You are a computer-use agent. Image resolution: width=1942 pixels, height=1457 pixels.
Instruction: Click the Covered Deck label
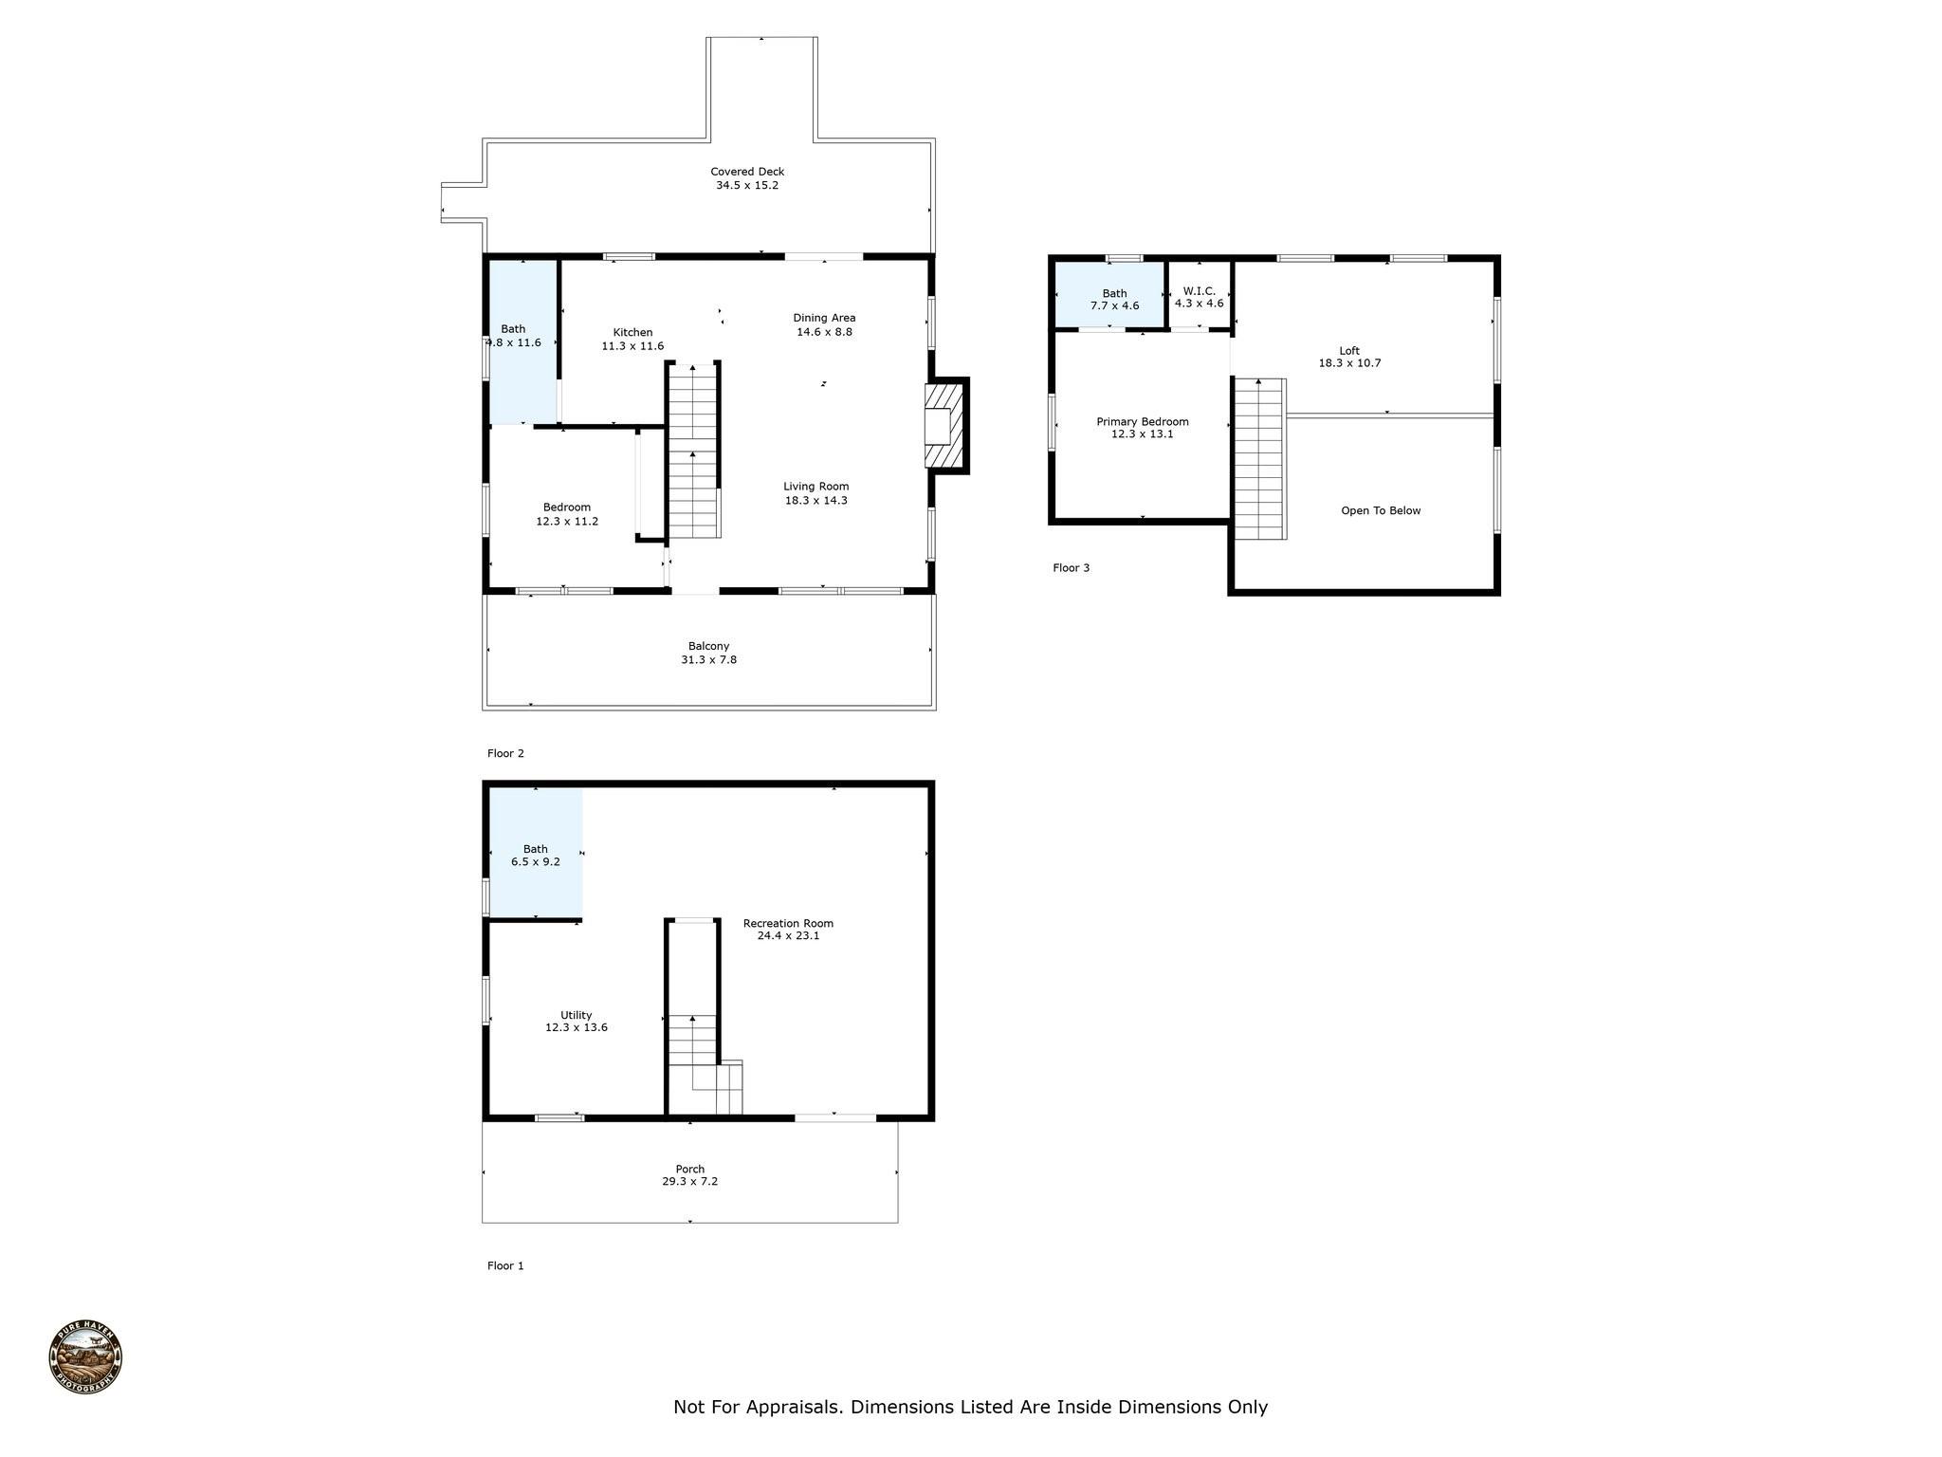pos(747,172)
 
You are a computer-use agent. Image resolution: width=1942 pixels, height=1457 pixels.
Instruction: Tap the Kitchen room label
pos(632,332)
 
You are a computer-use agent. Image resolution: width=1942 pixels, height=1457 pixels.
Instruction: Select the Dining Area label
pos(824,318)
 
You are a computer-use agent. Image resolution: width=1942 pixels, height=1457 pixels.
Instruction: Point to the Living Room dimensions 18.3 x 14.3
pos(815,501)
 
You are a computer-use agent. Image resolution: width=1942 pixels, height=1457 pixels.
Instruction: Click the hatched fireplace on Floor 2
pos(945,425)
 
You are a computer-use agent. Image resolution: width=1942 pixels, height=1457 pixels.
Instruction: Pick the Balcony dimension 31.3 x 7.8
pos(708,660)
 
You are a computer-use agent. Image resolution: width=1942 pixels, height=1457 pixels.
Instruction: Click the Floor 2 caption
pos(505,754)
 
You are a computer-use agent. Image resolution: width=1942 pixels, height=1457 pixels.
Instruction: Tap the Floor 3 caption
pos(1072,568)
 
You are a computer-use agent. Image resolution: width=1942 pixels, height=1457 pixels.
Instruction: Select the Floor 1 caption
pos(505,1266)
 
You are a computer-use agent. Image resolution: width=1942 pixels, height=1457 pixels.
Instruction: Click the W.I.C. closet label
pos(1199,291)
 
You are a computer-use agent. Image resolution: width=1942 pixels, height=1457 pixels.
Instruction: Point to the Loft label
pos(1349,351)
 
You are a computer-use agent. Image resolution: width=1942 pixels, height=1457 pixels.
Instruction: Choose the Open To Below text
pos(1381,511)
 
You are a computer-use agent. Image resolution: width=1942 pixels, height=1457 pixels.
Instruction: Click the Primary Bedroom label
pos(1143,422)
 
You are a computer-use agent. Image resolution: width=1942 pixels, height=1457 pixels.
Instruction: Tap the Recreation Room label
pos(788,924)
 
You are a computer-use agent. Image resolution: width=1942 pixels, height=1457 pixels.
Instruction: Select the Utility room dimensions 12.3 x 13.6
pos(577,1027)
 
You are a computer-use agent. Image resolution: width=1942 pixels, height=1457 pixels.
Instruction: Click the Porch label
pos(690,1170)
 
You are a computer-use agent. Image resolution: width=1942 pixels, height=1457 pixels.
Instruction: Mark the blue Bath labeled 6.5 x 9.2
pos(536,854)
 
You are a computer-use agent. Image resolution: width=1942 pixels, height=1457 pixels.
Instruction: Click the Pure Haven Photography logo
pos(85,1357)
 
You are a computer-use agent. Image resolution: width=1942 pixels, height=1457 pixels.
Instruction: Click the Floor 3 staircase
pos(1259,458)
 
